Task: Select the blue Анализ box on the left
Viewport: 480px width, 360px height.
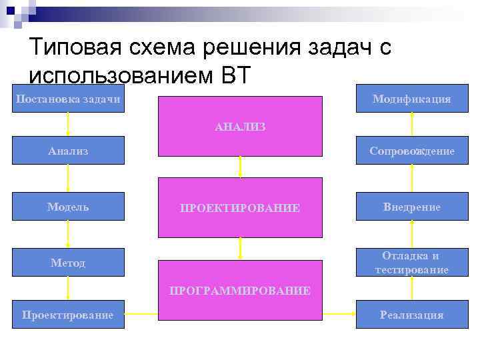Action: pos(68,151)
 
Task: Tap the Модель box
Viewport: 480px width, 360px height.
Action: pos(68,207)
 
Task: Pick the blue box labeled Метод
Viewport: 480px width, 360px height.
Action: pos(68,263)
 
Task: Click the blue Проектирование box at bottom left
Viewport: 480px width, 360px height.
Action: pos(68,315)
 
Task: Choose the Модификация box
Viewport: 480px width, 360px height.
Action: pos(411,99)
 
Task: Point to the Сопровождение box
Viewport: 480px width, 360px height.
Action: pos(411,151)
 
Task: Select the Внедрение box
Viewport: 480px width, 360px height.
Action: pos(411,207)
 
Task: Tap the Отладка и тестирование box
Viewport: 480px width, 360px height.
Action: pos(411,263)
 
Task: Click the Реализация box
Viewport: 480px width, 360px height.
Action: pos(411,315)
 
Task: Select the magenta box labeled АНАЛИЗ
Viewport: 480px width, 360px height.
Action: pos(239,125)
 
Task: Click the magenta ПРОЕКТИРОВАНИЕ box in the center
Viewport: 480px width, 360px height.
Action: pos(239,207)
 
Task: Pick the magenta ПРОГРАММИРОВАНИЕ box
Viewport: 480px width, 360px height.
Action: pos(239,291)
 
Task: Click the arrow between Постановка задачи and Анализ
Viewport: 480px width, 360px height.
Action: pos(68,125)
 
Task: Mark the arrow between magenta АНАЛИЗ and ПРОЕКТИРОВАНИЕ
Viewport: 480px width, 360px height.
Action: pos(239,166)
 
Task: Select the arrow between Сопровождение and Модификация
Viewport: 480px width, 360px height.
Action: pos(412,125)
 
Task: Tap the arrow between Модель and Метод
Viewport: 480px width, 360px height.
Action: pos(68,234)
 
